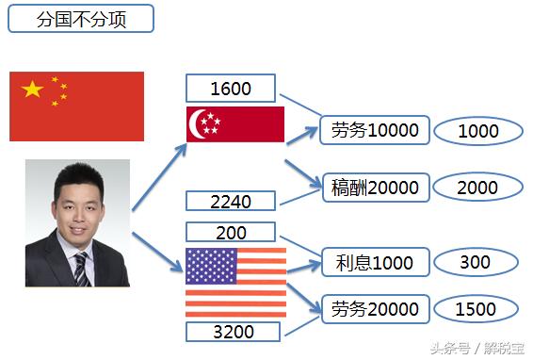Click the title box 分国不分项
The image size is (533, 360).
[x=80, y=19]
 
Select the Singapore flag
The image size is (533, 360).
[x=235, y=123]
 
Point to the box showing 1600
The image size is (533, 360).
[x=231, y=89]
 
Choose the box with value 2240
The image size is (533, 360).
[x=231, y=201]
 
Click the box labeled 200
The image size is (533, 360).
[x=231, y=233]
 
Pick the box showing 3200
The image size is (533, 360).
[x=231, y=332]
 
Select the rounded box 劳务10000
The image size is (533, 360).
[x=374, y=131]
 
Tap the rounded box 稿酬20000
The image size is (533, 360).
[x=375, y=188]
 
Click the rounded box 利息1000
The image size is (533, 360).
[x=375, y=262]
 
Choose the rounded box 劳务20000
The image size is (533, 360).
[x=375, y=309]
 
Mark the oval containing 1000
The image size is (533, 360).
[x=478, y=132]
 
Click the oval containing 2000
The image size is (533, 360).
[x=478, y=188]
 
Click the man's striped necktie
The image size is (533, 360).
[x=81, y=269]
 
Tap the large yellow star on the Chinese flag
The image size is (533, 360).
[x=33, y=90]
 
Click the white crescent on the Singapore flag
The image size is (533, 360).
[x=200, y=123]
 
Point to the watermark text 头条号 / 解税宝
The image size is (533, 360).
[x=478, y=347]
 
